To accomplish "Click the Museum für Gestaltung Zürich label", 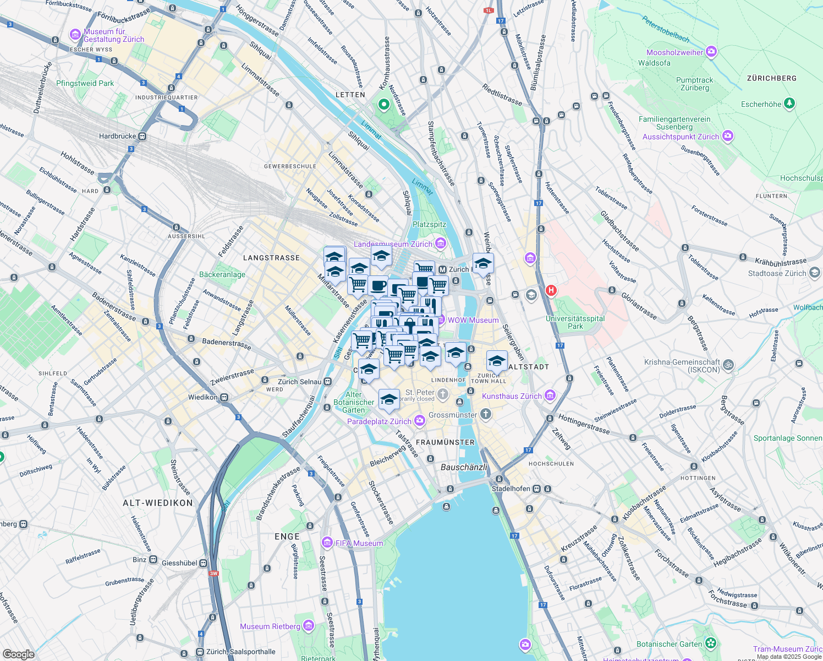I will click(x=113, y=35).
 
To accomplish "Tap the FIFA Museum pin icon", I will click(x=327, y=543).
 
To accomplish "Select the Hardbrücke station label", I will click(x=117, y=136).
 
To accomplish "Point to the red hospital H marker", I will click(x=551, y=290).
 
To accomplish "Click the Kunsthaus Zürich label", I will click(x=512, y=396).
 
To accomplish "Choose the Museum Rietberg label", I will click(x=270, y=626).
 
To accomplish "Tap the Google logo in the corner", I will click(x=18, y=654).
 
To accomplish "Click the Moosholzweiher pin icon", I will click(x=711, y=52).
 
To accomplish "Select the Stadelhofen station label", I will click(x=511, y=489).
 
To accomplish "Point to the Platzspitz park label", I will click(x=429, y=225).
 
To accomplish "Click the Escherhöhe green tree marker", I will click(x=789, y=103).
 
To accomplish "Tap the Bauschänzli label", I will click(x=464, y=467).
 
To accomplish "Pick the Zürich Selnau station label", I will click(x=300, y=382).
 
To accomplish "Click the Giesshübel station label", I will click(x=179, y=563).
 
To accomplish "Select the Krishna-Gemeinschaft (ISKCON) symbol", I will click(x=728, y=364).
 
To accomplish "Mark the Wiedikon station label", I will click(x=203, y=397).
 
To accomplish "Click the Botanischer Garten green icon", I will click(x=711, y=643).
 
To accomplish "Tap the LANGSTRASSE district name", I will click(x=271, y=258).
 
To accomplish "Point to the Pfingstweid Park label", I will click(x=85, y=84).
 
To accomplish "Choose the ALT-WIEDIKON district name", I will click(x=158, y=503).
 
